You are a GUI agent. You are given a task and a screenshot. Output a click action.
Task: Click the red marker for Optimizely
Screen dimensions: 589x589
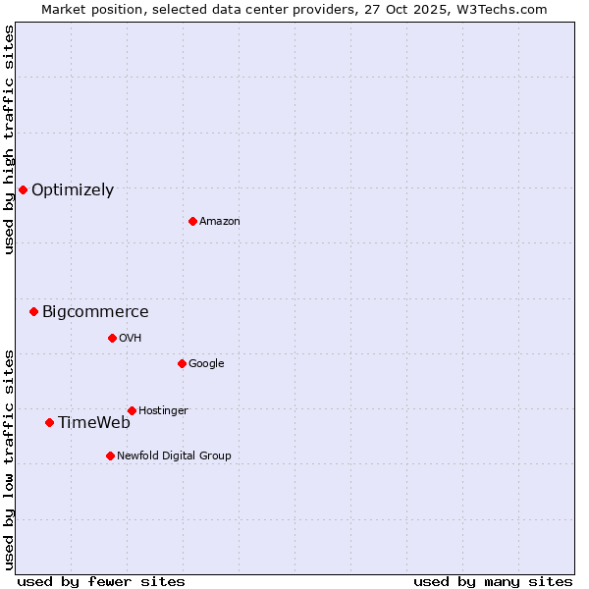pyautogui.click(x=23, y=189)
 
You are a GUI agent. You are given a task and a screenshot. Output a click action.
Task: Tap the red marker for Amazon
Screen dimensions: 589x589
pyautogui.click(x=192, y=221)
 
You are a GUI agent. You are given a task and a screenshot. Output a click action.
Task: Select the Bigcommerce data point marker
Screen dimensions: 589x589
pyautogui.click(x=33, y=311)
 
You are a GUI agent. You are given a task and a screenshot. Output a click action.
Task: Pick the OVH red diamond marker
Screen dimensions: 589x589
pyautogui.click(x=112, y=338)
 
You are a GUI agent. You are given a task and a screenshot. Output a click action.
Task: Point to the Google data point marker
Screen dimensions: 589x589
pyautogui.click(x=182, y=363)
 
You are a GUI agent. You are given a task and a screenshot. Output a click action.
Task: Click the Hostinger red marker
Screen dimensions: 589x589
pyautogui.click(x=132, y=410)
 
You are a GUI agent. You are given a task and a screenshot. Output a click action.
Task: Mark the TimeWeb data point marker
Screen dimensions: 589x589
pyautogui.click(x=49, y=422)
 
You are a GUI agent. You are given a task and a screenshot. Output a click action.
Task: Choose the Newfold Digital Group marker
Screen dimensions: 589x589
pyautogui.click(x=110, y=455)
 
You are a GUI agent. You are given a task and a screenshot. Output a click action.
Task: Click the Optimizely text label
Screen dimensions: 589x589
pyautogui.click(x=73, y=190)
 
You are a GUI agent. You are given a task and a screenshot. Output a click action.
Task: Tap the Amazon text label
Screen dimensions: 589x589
pyautogui.click(x=220, y=222)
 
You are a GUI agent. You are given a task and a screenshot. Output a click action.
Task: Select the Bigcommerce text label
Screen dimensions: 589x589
pyautogui.click(x=95, y=312)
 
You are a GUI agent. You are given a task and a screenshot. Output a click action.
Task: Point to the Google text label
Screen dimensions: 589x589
pyautogui.click(x=206, y=364)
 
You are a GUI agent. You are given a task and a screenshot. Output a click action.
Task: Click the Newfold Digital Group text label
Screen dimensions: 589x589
pyautogui.click(x=174, y=456)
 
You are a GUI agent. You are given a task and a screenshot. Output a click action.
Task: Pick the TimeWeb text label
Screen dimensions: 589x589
pyautogui.click(x=94, y=423)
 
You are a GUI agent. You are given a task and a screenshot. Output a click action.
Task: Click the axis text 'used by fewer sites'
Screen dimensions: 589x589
pyautogui.click(x=101, y=581)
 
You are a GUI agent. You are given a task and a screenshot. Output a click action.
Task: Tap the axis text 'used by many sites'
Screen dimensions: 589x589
pyautogui.click(x=493, y=581)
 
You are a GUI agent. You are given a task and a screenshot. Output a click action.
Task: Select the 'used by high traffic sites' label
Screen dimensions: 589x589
pyautogui.click(x=9, y=139)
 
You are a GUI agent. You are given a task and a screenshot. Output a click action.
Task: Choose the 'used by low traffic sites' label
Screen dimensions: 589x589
pyautogui.click(x=9, y=458)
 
